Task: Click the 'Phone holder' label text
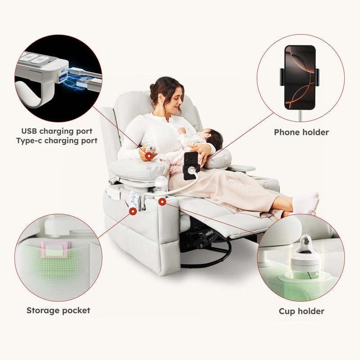301,132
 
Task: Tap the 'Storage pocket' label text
58,310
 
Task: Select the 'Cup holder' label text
301,311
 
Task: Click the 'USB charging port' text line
57,131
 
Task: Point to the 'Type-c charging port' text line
57,140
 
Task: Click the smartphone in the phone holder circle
300,77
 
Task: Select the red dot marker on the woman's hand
149,156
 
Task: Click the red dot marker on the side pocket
133,211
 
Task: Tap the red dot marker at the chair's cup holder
162,202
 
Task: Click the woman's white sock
306,203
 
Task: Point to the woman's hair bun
152,87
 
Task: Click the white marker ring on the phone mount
191,171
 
